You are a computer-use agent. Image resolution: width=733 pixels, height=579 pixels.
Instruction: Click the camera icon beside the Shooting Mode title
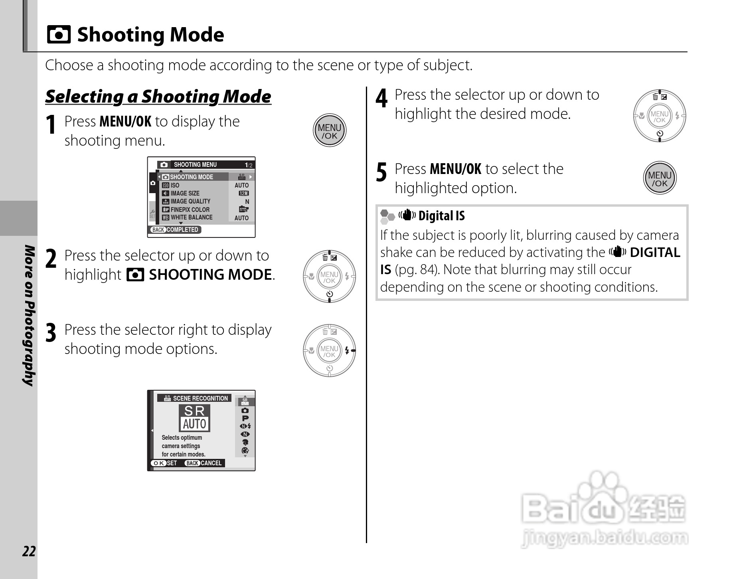tap(59, 35)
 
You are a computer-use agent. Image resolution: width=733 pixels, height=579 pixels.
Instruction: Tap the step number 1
tap(51, 125)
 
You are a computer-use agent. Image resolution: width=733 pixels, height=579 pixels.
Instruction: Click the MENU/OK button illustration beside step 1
tap(329, 131)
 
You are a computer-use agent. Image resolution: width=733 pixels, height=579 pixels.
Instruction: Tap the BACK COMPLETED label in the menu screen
tap(176, 229)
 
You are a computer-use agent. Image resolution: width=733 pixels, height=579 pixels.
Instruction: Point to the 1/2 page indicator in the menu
tap(248, 165)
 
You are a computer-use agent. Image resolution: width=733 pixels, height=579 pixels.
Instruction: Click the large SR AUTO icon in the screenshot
tap(194, 418)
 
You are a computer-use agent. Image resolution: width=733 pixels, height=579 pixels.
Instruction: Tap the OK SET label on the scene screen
tap(164, 463)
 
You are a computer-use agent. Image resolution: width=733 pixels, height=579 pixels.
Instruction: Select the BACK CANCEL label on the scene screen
tap(204, 463)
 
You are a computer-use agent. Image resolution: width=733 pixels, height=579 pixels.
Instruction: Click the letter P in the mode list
tap(245, 418)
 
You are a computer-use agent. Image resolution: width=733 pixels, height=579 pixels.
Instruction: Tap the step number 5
tap(381, 173)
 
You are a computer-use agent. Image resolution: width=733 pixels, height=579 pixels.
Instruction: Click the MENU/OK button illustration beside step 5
tap(660, 178)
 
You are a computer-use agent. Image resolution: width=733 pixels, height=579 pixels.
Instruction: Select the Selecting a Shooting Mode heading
tap(158, 97)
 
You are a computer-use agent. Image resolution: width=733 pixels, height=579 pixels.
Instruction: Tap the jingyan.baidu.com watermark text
tap(604, 538)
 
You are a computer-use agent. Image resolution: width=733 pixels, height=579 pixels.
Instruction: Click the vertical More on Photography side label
tap(30, 315)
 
